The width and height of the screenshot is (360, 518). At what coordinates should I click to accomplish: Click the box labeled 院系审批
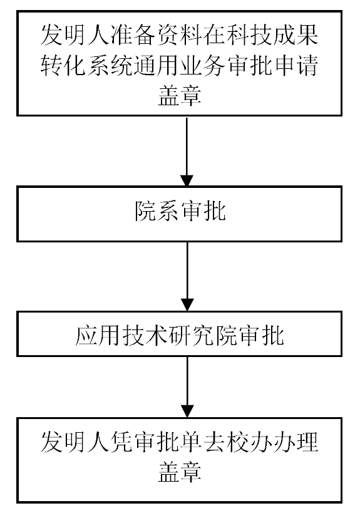point(179,214)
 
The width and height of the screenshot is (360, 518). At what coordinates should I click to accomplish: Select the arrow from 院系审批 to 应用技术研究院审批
point(187,276)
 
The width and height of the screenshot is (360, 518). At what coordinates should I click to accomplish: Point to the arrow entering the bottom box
point(187,387)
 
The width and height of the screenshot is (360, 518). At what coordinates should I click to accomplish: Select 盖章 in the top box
point(179,96)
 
